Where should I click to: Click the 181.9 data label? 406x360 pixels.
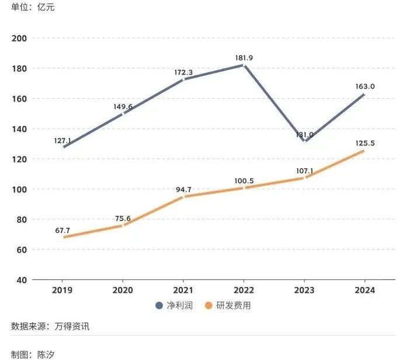click(x=244, y=58)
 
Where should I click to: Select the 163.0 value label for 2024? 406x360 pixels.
click(x=365, y=86)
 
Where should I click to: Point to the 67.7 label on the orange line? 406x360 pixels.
click(x=62, y=230)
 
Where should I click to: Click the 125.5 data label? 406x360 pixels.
click(x=365, y=142)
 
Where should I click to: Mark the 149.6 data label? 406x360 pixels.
click(x=123, y=107)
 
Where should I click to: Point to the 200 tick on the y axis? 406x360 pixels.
click(x=19, y=39)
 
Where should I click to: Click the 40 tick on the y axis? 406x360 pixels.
click(x=22, y=280)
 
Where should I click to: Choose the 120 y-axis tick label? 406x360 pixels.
click(x=19, y=159)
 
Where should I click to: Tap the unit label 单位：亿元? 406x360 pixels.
click(x=33, y=8)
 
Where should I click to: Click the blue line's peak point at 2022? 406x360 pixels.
click(x=244, y=65)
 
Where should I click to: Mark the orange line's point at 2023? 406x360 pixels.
click(x=304, y=177)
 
